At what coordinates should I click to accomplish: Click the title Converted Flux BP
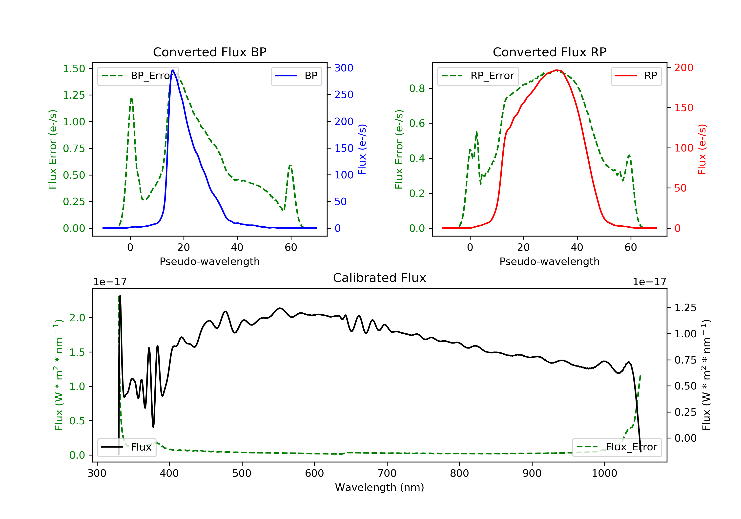tap(209, 52)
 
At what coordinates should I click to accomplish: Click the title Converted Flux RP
tap(549, 52)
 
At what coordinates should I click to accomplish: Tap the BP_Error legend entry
tap(138, 76)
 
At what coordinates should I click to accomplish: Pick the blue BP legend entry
tap(296, 76)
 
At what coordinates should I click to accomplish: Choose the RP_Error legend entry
tap(478, 76)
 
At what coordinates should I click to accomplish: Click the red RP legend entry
tap(636, 76)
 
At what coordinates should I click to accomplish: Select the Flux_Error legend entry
tap(617, 447)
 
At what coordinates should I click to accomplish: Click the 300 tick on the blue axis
tap(344, 68)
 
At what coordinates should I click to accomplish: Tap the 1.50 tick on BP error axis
tap(74, 68)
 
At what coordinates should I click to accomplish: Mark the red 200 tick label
tap(683, 68)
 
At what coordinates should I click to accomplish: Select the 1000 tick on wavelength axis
tap(604, 474)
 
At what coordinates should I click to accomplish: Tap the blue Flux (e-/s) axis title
tap(362, 149)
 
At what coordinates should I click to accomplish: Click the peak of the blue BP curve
tap(173, 70)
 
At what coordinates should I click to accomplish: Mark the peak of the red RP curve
tap(557, 70)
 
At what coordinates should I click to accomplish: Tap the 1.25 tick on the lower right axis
tap(685, 307)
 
